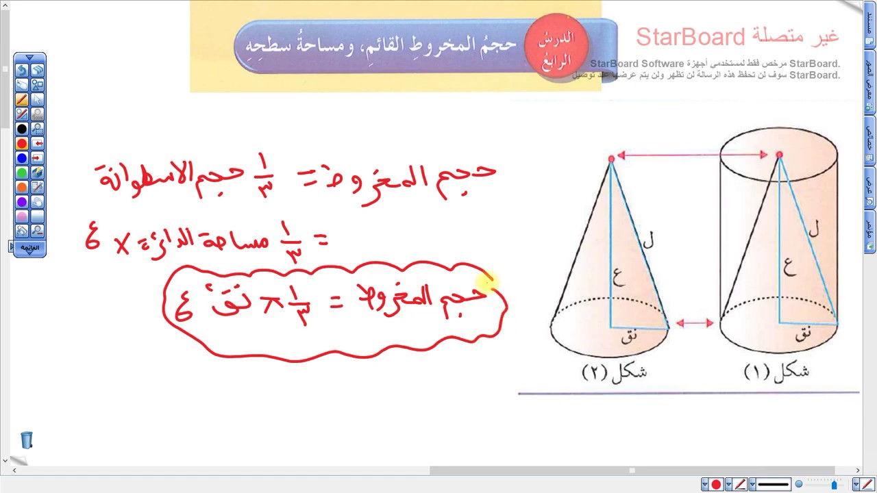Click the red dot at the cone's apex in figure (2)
tap(611, 159)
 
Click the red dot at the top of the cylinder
tap(779, 155)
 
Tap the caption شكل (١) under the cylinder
tap(776, 371)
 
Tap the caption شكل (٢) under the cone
tap(615, 372)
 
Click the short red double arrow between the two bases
tap(695, 323)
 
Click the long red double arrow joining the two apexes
tap(693, 155)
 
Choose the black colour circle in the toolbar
tap(22, 129)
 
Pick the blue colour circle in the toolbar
tap(22, 158)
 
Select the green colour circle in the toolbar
tap(22, 173)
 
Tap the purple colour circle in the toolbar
tap(22, 202)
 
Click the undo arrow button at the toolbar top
tap(22, 70)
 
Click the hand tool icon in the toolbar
tap(37, 202)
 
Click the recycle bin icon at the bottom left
tap(26, 440)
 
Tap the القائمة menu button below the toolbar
tap(29, 247)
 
